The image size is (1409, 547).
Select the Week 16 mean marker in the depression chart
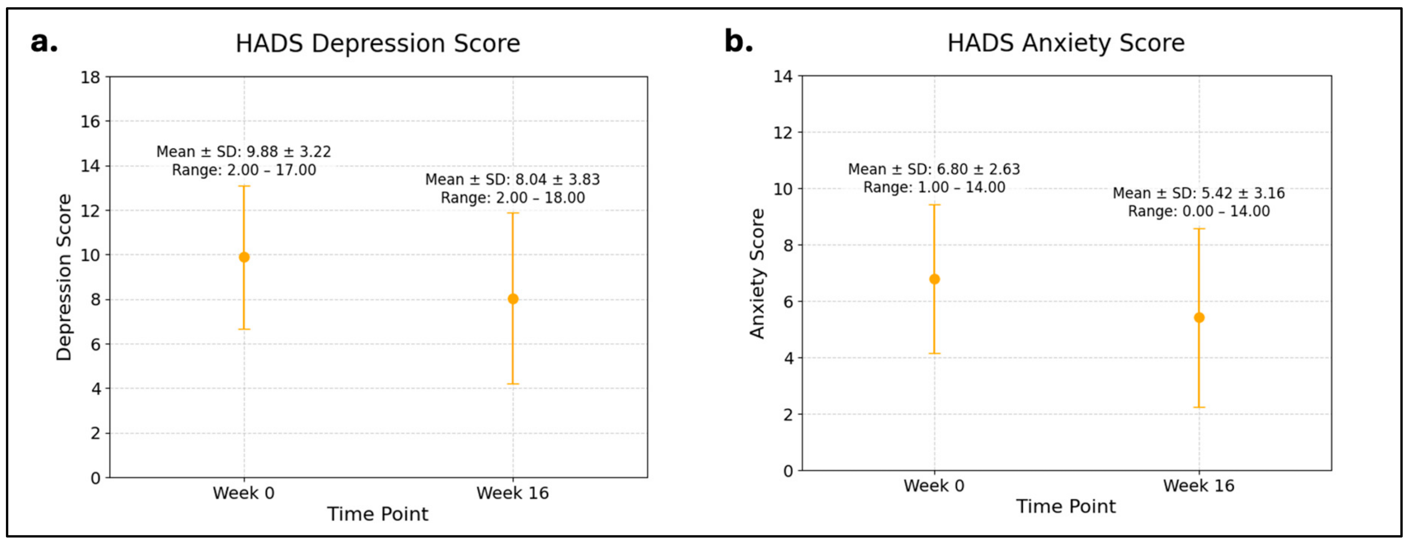[x=513, y=299]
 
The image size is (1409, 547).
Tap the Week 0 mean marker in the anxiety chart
[x=934, y=279]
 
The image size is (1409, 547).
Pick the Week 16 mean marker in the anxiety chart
[x=1199, y=318]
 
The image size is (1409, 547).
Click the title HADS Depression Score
[x=377, y=44]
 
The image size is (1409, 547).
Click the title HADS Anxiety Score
[x=1065, y=43]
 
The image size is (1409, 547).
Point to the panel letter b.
[x=739, y=41]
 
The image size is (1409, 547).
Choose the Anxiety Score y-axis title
[x=757, y=274]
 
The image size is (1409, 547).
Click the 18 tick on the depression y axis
[x=91, y=77]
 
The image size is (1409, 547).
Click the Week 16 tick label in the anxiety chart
[x=1199, y=486]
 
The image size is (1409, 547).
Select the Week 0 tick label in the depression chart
[x=243, y=493]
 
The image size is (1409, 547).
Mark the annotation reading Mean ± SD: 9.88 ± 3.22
[x=243, y=151]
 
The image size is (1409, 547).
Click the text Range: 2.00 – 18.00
[x=513, y=198]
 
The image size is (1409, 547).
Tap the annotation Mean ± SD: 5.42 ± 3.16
[x=1198, y=193]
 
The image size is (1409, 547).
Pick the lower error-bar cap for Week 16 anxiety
[x=1199, y=407]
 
